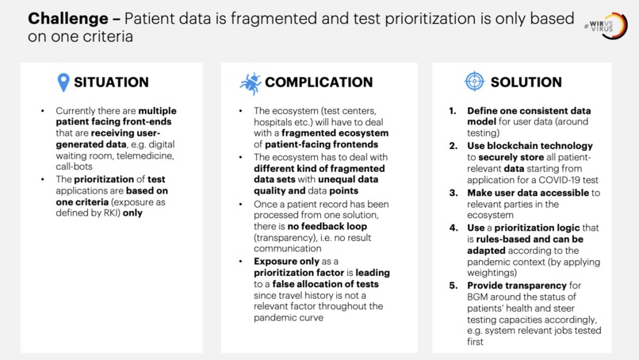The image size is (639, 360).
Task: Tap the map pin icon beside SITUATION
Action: (x=63, y=82)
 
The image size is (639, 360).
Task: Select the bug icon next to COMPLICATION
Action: (x=250, y=82)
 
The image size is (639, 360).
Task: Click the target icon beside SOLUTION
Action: (x=473, y=82)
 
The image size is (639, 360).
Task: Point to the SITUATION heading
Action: (x=111, y=82)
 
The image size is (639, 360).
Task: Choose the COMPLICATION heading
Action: (x=318, y=82)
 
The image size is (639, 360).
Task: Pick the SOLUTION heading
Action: (x=526, y=82)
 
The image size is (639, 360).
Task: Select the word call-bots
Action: (x=77, y=168)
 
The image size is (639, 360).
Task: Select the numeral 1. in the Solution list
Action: (x=453, y=111)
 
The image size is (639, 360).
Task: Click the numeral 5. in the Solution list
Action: (x=453, y=285)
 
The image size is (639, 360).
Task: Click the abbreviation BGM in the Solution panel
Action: (x=480, y=297)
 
